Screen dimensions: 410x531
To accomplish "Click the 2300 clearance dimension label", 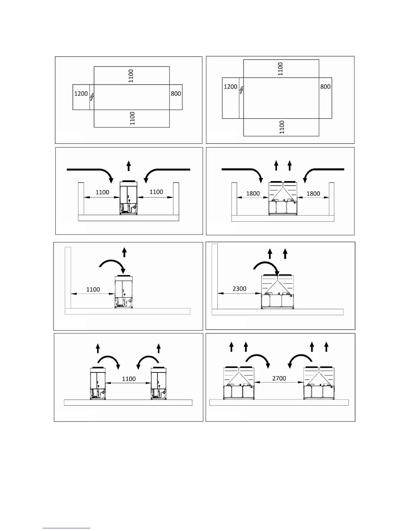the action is coord(239,289).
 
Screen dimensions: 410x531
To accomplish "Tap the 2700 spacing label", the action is coord(279,378).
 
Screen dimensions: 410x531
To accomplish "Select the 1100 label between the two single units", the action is coord(129,379).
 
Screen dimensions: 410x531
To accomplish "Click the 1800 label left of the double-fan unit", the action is coord(253,193).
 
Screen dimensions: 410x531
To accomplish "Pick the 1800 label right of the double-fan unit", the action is coord(313,193).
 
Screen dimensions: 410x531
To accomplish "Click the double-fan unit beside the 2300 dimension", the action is coord(278,292).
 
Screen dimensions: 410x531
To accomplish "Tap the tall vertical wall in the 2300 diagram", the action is coord(215,276).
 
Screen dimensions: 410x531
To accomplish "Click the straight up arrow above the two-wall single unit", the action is coord(129,166).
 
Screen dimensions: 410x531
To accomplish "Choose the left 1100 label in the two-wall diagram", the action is coord(102,192).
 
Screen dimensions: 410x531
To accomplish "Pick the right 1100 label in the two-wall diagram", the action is coord(156,192).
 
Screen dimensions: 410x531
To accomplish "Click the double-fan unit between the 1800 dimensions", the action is coord(283,198).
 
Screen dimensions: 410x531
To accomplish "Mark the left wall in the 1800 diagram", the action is coord(234,199).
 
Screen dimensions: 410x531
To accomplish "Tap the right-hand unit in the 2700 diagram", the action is coord(319,383).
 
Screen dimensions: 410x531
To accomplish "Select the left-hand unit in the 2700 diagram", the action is coord(239,383).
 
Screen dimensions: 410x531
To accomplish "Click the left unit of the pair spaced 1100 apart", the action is coord(97,383).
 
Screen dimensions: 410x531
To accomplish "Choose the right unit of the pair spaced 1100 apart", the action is coord(159,383).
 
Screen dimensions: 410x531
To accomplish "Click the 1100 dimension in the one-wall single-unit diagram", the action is coord(93,289).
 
